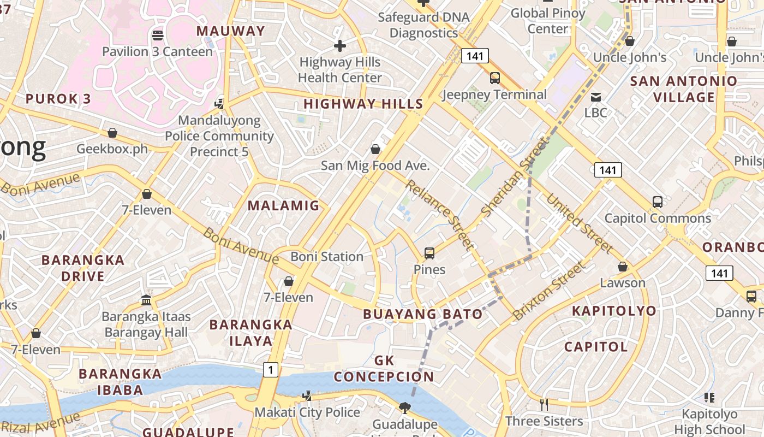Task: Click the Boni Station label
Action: (326, 256)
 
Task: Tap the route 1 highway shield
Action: (270, 370)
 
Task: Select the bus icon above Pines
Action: (429, 253)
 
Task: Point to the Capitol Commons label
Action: (657, 218)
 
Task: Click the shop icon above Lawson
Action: (623, 267)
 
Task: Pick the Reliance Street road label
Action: (438, 215)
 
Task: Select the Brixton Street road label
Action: (548, 291)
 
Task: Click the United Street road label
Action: (580, 223)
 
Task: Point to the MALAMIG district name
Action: (283, 205)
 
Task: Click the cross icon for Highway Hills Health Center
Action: (340, 46)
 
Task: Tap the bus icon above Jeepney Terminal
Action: (495, 78)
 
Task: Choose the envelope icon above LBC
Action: (596, 97)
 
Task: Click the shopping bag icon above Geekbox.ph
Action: (112, 133)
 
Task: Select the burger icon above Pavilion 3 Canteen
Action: (158, 36)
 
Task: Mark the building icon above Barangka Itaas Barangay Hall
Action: (146, 300)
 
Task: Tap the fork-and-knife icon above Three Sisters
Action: (544, 404)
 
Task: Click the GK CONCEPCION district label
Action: (384, 368)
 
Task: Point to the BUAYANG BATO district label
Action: (422, 314)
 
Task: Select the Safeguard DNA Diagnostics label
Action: (423, 25)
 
